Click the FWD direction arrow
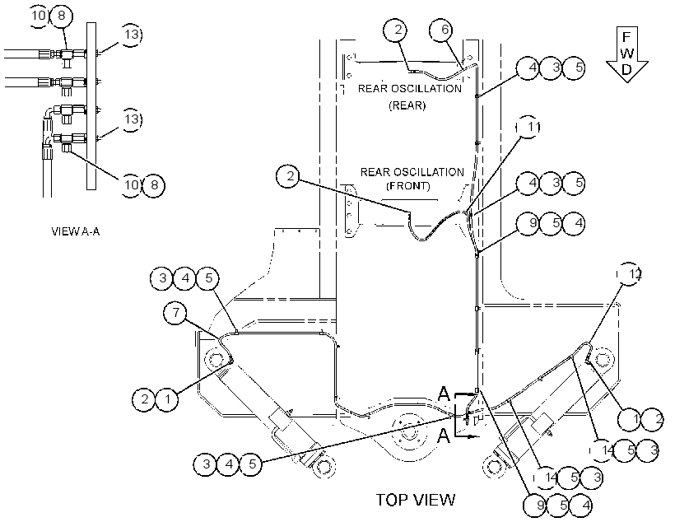(627, 54)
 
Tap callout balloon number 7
(175, 312)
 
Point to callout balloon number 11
(528, 127)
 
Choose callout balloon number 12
(630, 274)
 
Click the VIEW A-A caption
(76, 231)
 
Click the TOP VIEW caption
(416, 500)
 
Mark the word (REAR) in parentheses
(407, 105)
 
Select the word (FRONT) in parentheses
(408, 186)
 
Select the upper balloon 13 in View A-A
(131, 35)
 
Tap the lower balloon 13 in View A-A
(131, 119)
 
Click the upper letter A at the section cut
(444, 394)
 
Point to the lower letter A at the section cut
(444, 436)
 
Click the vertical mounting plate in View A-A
(91, 106)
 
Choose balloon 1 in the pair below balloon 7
(167, 399)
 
